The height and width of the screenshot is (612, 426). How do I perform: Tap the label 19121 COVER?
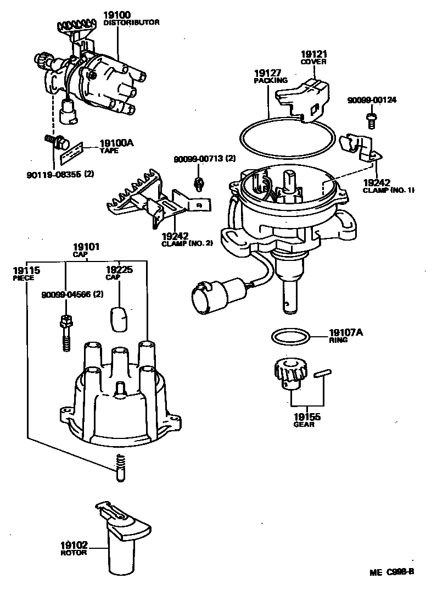(x=313, y=57)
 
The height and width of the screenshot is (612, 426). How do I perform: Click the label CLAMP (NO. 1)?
(x=388, y=190)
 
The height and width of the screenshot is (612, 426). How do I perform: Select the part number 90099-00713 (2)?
(x=204, y=159)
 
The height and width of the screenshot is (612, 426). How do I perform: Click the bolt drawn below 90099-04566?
(x=65, y=332)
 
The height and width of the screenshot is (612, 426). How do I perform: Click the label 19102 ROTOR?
(x=74, y=548)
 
